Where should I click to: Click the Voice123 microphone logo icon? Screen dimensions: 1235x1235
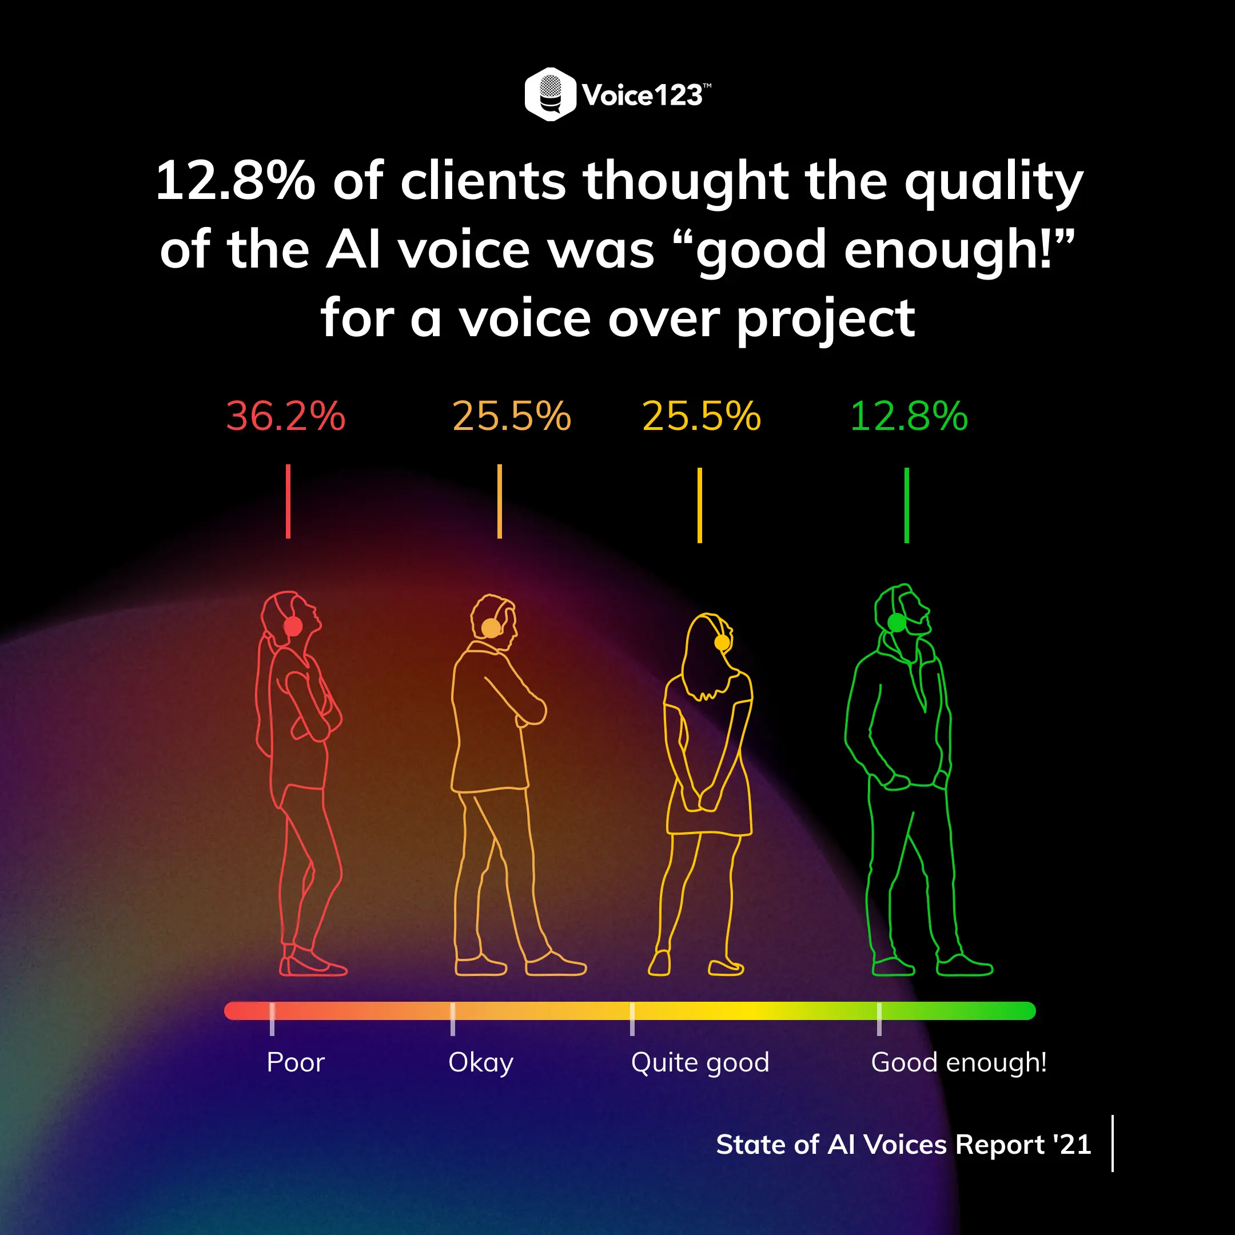tap(549, 94)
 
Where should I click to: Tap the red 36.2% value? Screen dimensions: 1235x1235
tap(286, 416)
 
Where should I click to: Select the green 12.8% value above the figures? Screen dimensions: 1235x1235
tap(909, 416)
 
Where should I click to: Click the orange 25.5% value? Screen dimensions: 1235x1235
tap(511, 416)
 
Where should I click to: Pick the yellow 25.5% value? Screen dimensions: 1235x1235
tap(701, 416)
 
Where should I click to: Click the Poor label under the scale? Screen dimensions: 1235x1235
tap(296, 1062)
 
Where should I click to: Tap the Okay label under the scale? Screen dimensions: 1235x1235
tap(481, 1062)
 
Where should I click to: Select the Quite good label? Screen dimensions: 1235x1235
tap(700, 1062)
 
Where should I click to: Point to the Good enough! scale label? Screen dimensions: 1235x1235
tap(958, 1062)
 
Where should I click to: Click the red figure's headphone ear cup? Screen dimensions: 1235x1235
tap(293, 626)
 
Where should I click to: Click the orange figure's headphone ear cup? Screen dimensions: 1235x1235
tap(491, 629)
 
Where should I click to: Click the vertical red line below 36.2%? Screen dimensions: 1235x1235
tap(288, 501)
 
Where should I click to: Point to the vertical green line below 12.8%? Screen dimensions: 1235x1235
tap(906, 505)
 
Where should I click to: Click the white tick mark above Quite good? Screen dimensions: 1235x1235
tap(632, 1019)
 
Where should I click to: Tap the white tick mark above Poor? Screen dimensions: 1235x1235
tap(272, 1019)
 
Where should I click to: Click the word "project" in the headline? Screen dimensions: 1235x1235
tap(826, 320)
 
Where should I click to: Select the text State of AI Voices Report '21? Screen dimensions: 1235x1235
tap(903, 1144)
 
